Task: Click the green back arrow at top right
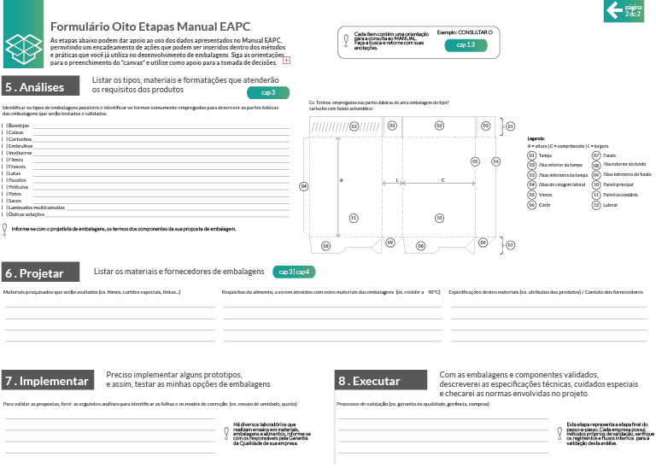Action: tap(613, 9)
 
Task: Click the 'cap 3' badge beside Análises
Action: tap(268, 92)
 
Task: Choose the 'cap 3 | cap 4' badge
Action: tap(295, 272)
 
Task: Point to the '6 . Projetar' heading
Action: tap(35, 273)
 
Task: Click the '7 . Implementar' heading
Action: tap(47, 381)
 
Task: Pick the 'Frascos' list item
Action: tap(16, 167)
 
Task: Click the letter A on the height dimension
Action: tap(342, 180)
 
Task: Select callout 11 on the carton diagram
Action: tap(353, 218)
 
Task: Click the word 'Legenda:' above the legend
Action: tap(536, 138)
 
